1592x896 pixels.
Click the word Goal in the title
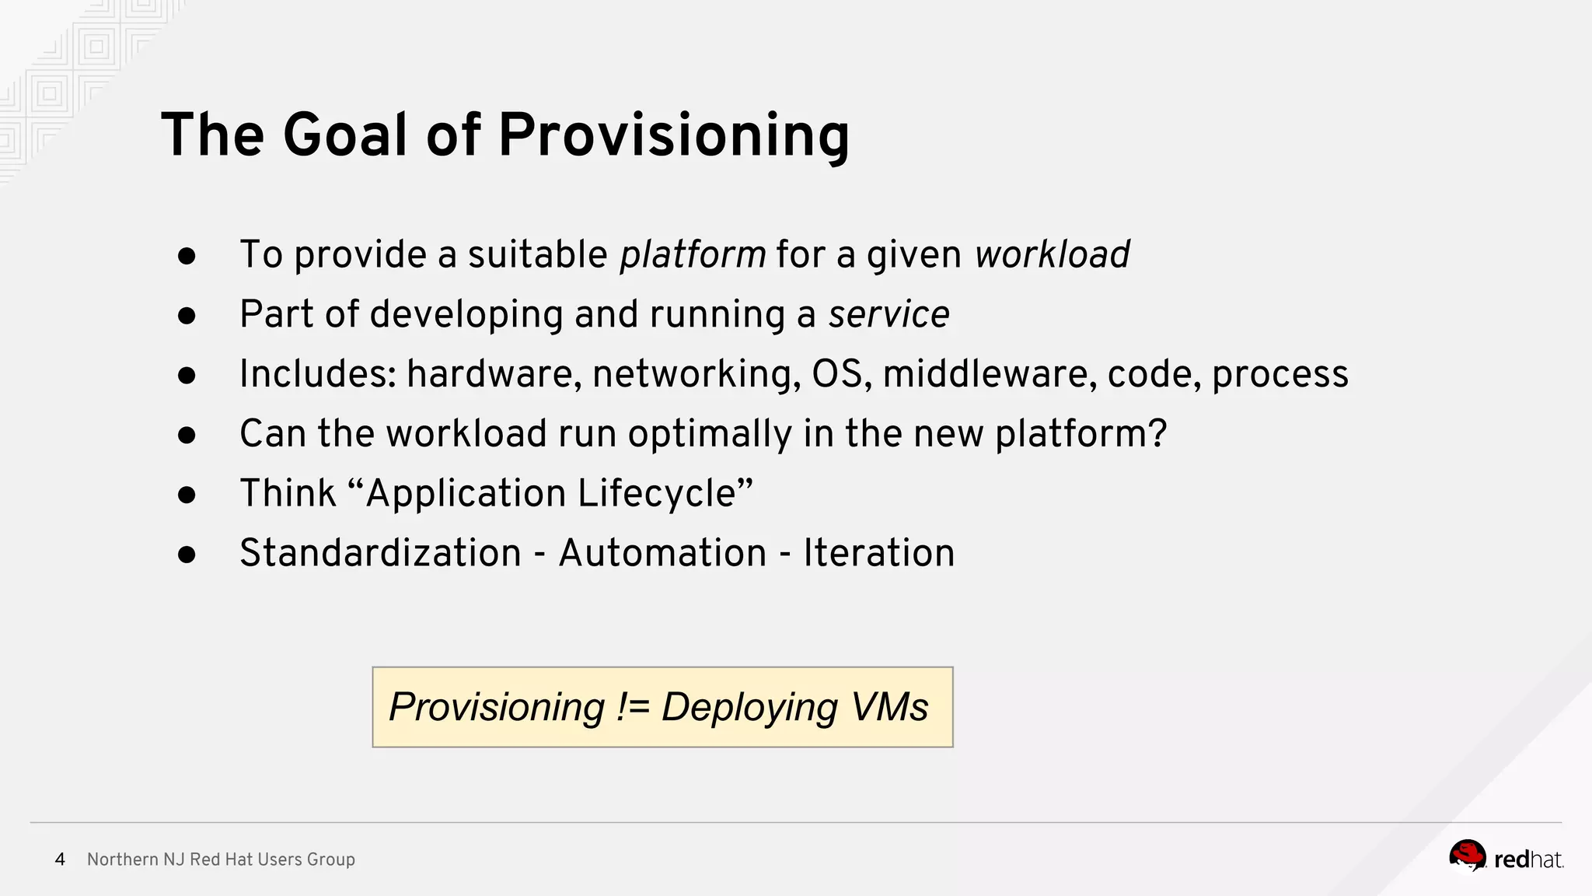point(345,135)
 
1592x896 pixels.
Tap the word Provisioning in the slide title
point(673,135)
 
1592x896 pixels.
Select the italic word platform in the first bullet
point(693,254)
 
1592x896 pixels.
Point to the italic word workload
point(1052,254)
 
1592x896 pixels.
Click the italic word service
point(889,314)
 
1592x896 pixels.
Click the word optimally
point(710,434)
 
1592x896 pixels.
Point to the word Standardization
point(380,553)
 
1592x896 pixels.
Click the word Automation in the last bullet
point(662,553)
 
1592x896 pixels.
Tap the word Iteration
point(878,553)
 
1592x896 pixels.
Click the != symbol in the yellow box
point(633,707)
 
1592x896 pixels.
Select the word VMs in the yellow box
point(889,707)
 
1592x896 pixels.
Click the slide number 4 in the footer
point(60,859)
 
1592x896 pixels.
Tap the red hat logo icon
point(1467,856)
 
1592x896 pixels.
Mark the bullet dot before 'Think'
point(187,495)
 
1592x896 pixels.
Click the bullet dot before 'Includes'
point(187,376)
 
